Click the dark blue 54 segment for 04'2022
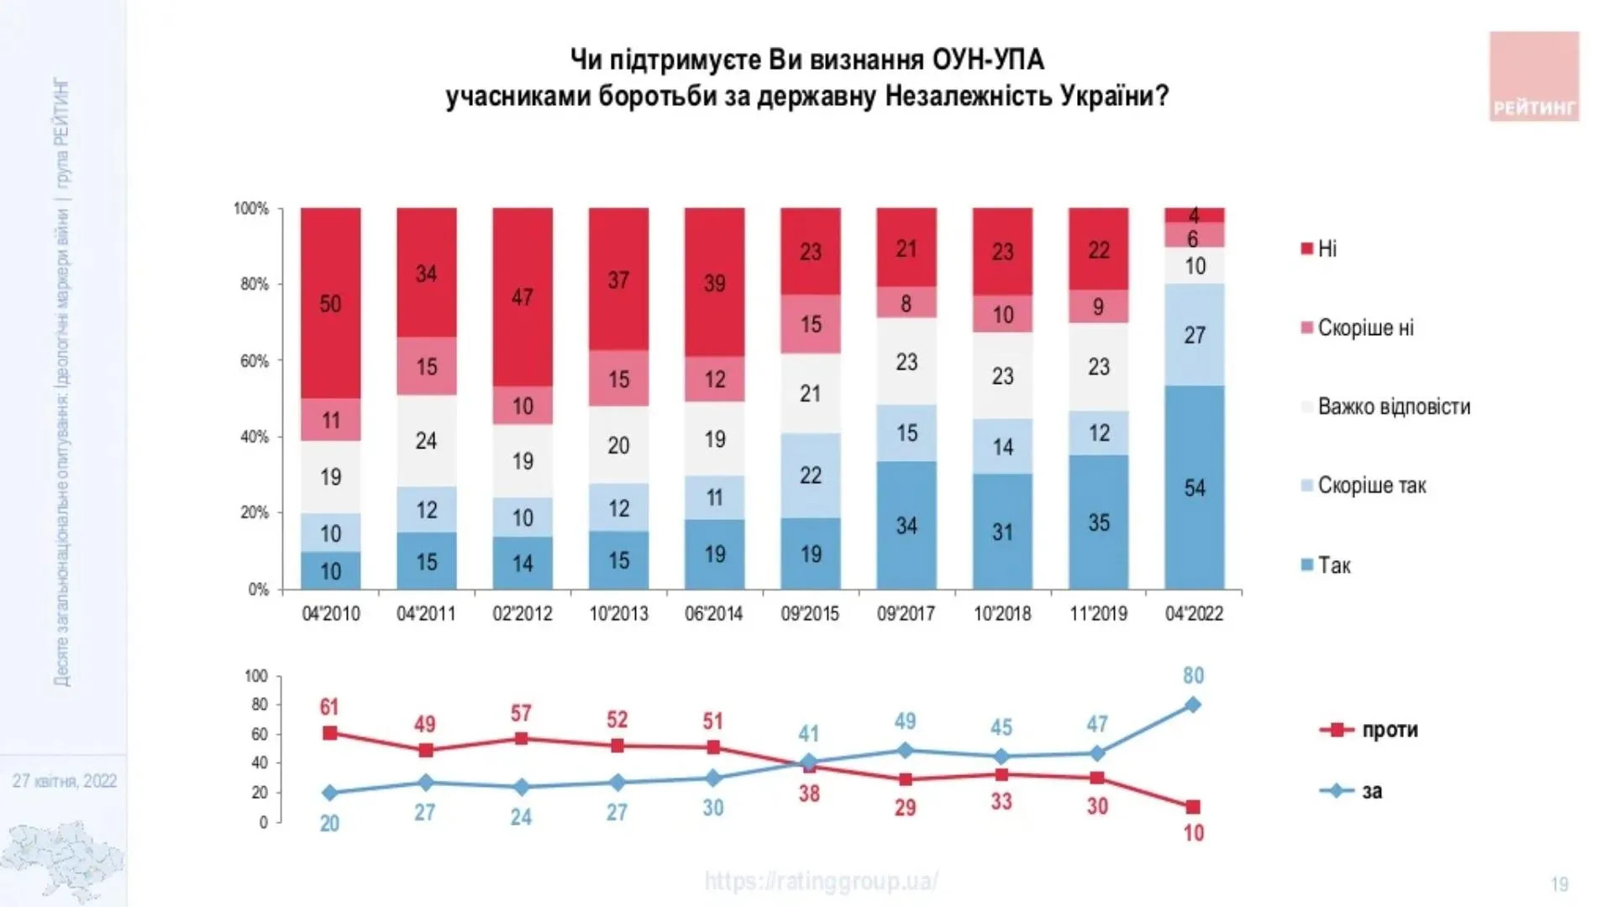(x=1194, y=487)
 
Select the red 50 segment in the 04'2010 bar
(x=330, y=303)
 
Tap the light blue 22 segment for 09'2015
(x=810, y=475)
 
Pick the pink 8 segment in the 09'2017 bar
(x=906, y=302)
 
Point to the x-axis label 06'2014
(x=714, y=614)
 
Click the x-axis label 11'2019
(x=1098, y=614)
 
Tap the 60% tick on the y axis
(x=254, y=361)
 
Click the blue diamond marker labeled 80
(x=1193, y=705)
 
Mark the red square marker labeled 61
(x=330, y=733)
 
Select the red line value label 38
(x=809, y=793)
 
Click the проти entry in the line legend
(x=1390, y=730)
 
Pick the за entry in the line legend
(x=1371, y=791)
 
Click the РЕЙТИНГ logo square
(x=1534, y=76)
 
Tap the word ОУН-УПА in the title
(x=988, y=60)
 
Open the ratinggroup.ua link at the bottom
(x=821, y=881)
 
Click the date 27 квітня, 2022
(x=65, y=781)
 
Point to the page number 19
(x=1559, y=884)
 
